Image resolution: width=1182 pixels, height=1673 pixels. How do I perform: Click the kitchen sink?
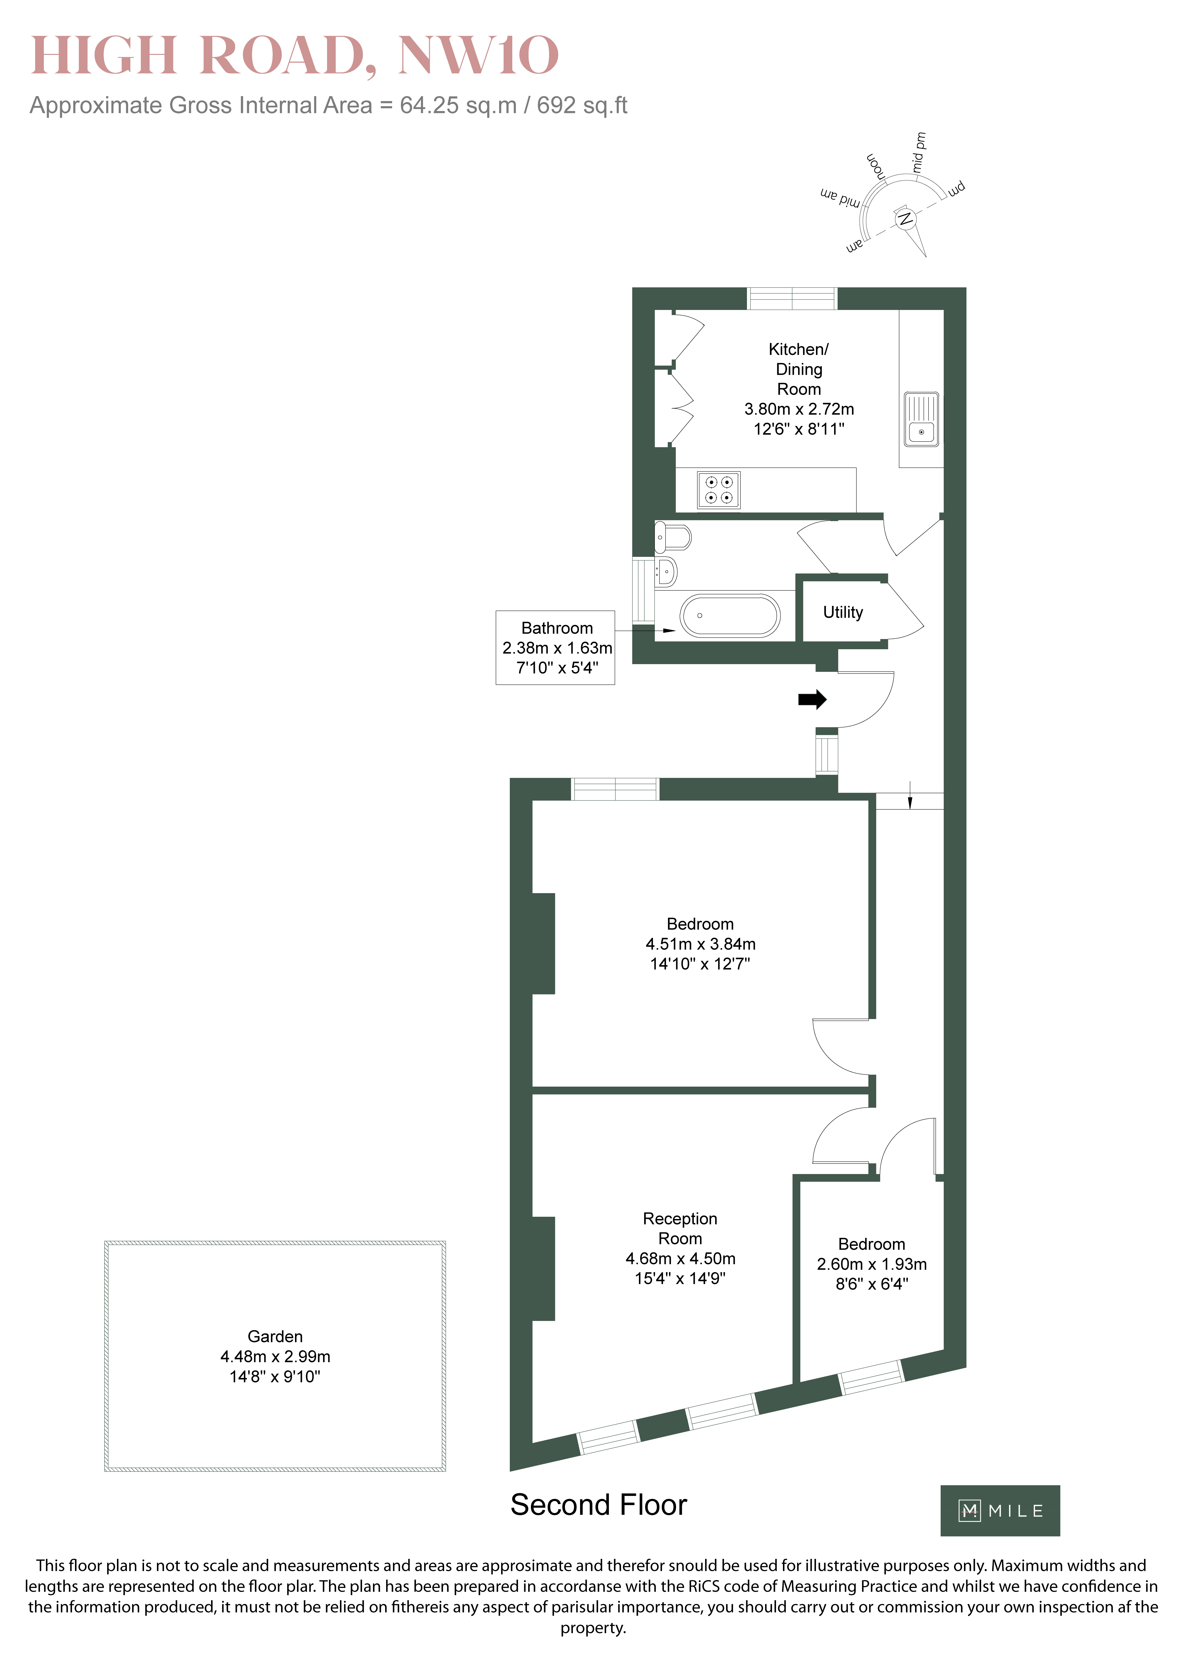pos(921,420)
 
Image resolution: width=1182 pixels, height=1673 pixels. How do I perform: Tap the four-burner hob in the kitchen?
pos(719,490)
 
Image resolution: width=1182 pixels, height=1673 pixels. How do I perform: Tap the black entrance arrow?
pos(813,699)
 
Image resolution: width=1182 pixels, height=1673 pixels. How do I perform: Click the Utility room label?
pos(843,612)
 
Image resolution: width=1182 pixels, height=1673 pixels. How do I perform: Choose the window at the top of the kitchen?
pos(792,299)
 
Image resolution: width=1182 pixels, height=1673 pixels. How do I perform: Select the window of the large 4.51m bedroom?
pos(615,789)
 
